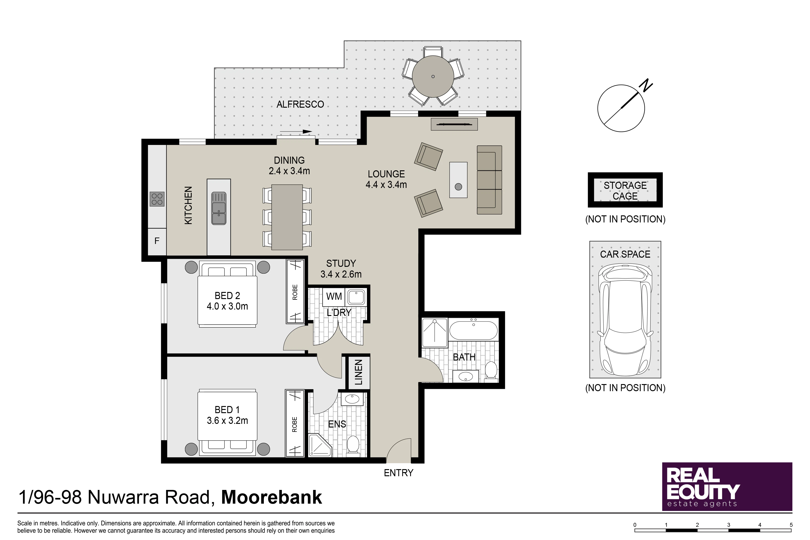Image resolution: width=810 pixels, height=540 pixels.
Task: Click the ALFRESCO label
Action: [x=300, y=104]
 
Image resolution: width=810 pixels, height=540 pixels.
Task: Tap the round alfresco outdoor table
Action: [x=433, y=76]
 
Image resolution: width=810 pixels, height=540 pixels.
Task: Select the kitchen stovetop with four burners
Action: [x=157, y=199]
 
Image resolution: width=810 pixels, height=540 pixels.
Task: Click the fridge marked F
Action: [x=157, y=241]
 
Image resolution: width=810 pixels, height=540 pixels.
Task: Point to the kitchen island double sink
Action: [x=219, y=208]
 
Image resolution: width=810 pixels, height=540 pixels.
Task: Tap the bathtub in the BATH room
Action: [x=473, y=330]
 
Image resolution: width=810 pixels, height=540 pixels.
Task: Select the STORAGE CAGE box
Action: [x=625, y=190]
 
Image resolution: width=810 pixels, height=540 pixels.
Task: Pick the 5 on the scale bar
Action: [x=791, y=525]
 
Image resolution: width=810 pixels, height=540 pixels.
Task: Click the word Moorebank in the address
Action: [x=271, y=498]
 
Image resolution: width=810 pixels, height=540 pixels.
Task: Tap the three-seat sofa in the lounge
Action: [x=489, y=180]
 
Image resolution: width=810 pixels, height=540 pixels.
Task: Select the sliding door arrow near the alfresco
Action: [x=296, y=131]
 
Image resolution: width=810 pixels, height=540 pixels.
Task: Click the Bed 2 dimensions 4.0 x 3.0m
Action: [x=227, y=306]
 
